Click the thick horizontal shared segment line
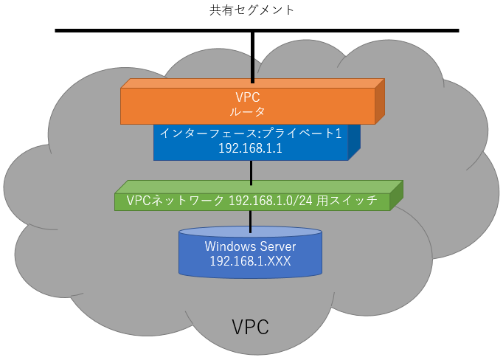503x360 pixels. click(x=148, y=31)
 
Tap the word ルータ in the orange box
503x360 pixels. click(x=250, y=112)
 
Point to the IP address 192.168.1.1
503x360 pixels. click(x=251, y=148)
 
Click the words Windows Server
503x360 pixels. click(x=251, y=246)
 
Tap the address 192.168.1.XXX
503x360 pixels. click(x=251, y=260)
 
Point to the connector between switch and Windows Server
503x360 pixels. click(x=251, y=219)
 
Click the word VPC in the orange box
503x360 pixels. click(x=250, y=97)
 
